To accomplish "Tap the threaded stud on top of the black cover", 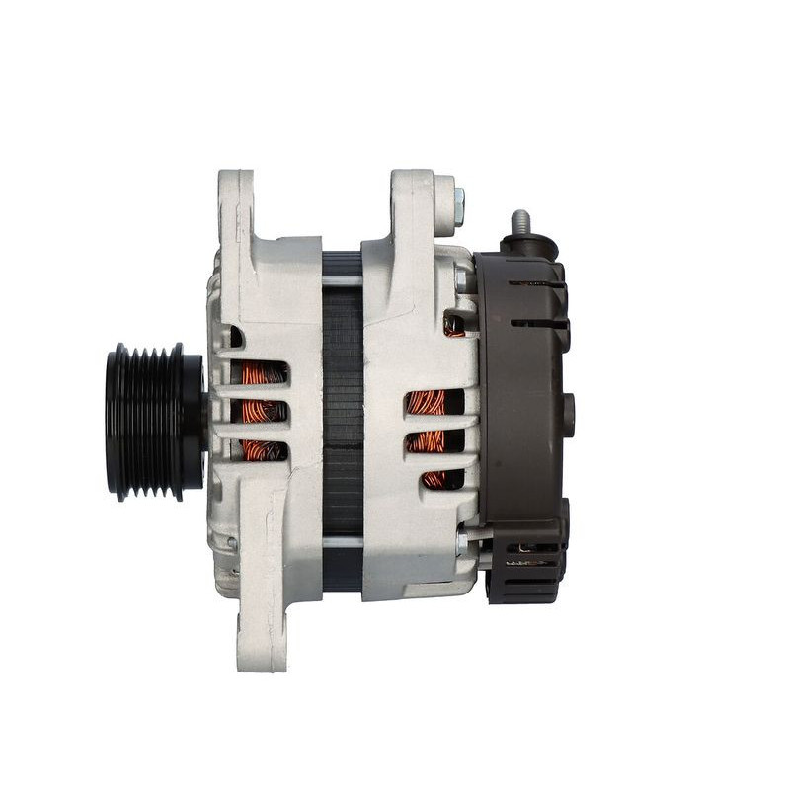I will point(519,223).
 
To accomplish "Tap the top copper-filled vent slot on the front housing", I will point(261,372).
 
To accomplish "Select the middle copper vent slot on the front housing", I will point(263,411).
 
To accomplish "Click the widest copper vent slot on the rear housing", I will point(429,402).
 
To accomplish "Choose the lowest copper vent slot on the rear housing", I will point(434,479).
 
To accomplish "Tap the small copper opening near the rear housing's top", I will point(453,326).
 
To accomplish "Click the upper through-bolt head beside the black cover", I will point(462,279).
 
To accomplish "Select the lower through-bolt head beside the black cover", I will point(462,542).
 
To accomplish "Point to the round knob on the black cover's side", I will point(568,415).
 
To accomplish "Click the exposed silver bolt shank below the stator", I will point(342,541).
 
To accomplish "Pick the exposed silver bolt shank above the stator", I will point(342,280).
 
